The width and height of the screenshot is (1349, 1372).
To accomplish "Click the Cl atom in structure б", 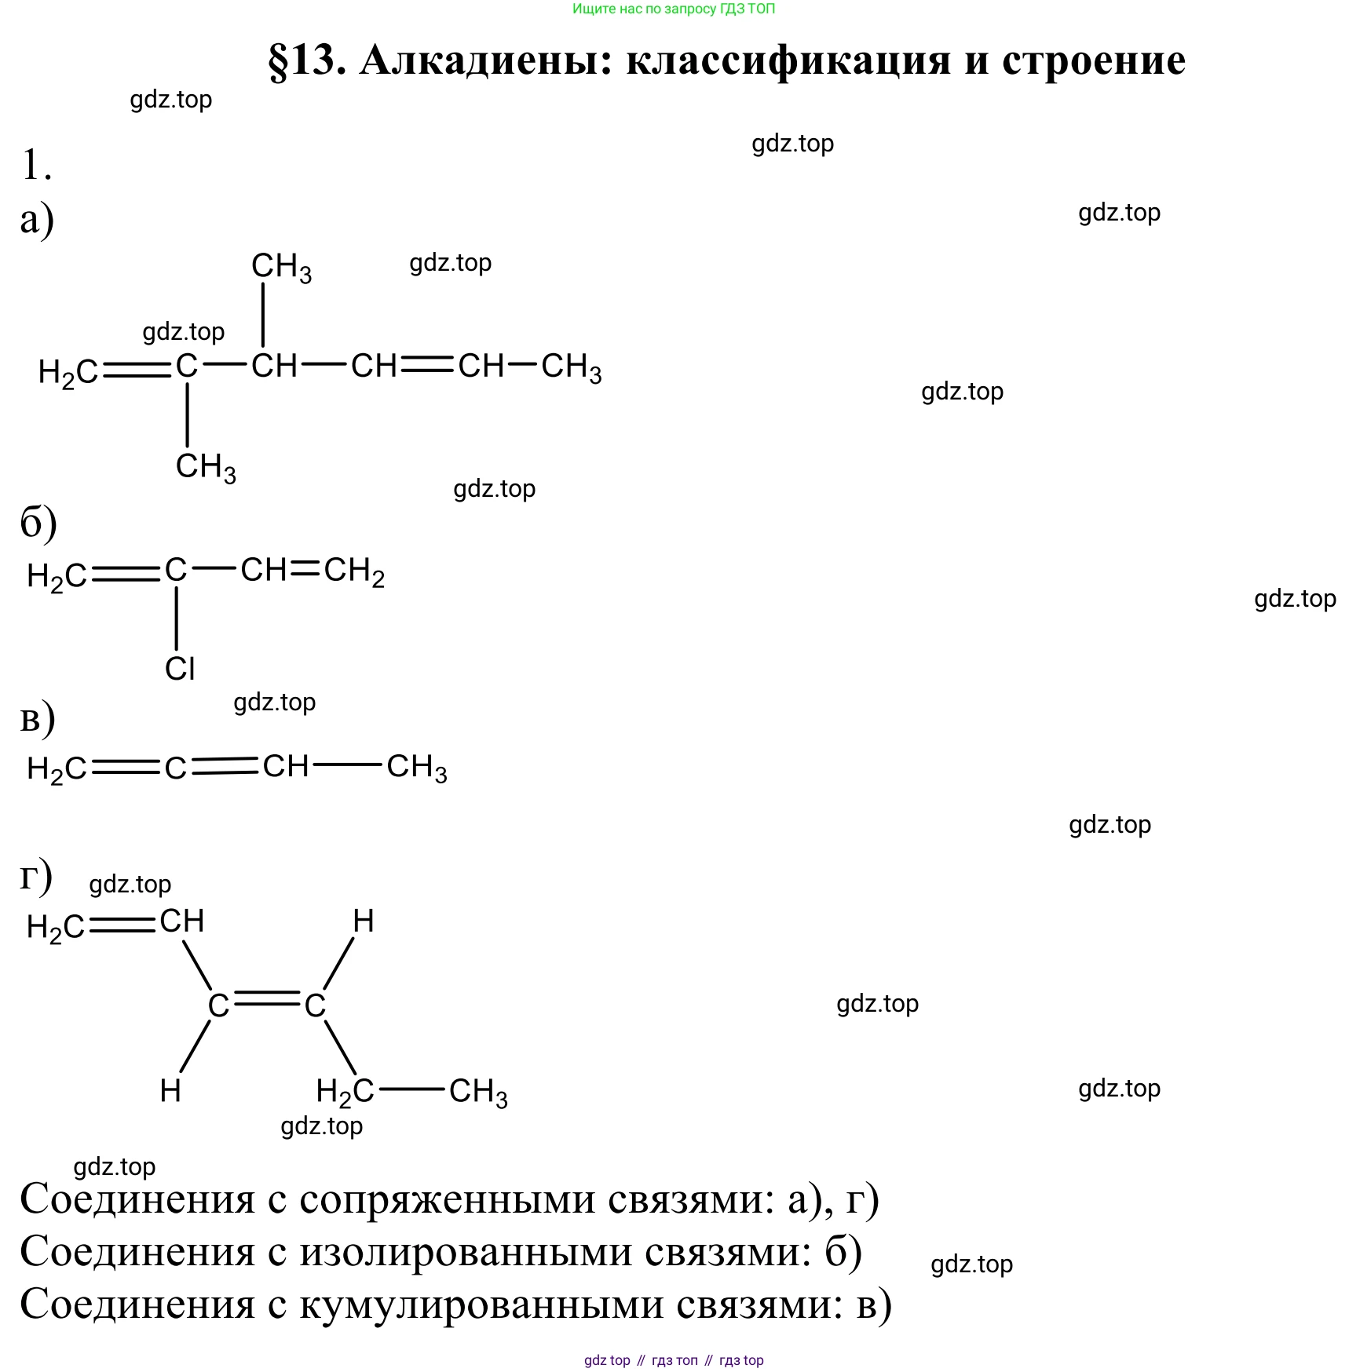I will pos(180,670).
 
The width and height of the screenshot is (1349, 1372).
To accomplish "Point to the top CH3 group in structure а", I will pos(280,268).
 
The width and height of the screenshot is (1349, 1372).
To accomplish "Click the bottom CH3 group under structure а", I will pos(205,468).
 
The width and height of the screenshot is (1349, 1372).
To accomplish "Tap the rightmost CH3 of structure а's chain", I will pos(571,368).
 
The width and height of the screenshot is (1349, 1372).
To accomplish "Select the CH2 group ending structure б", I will pos(354,571).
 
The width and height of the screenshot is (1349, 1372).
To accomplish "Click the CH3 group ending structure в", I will pos(416,768).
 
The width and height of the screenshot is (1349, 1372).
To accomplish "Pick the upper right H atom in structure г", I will pos(363,921).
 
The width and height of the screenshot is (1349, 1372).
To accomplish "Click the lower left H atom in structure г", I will pos(170,1091).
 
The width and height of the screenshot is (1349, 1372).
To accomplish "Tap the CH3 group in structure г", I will pos(477,1092).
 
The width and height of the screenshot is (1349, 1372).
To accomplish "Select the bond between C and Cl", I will pos(177,618).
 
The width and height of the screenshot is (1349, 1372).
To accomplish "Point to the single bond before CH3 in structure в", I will pos(347,765).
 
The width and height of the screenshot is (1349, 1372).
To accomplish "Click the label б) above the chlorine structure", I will pos(38,524).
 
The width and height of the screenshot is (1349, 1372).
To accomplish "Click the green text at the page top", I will pos(674,9).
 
